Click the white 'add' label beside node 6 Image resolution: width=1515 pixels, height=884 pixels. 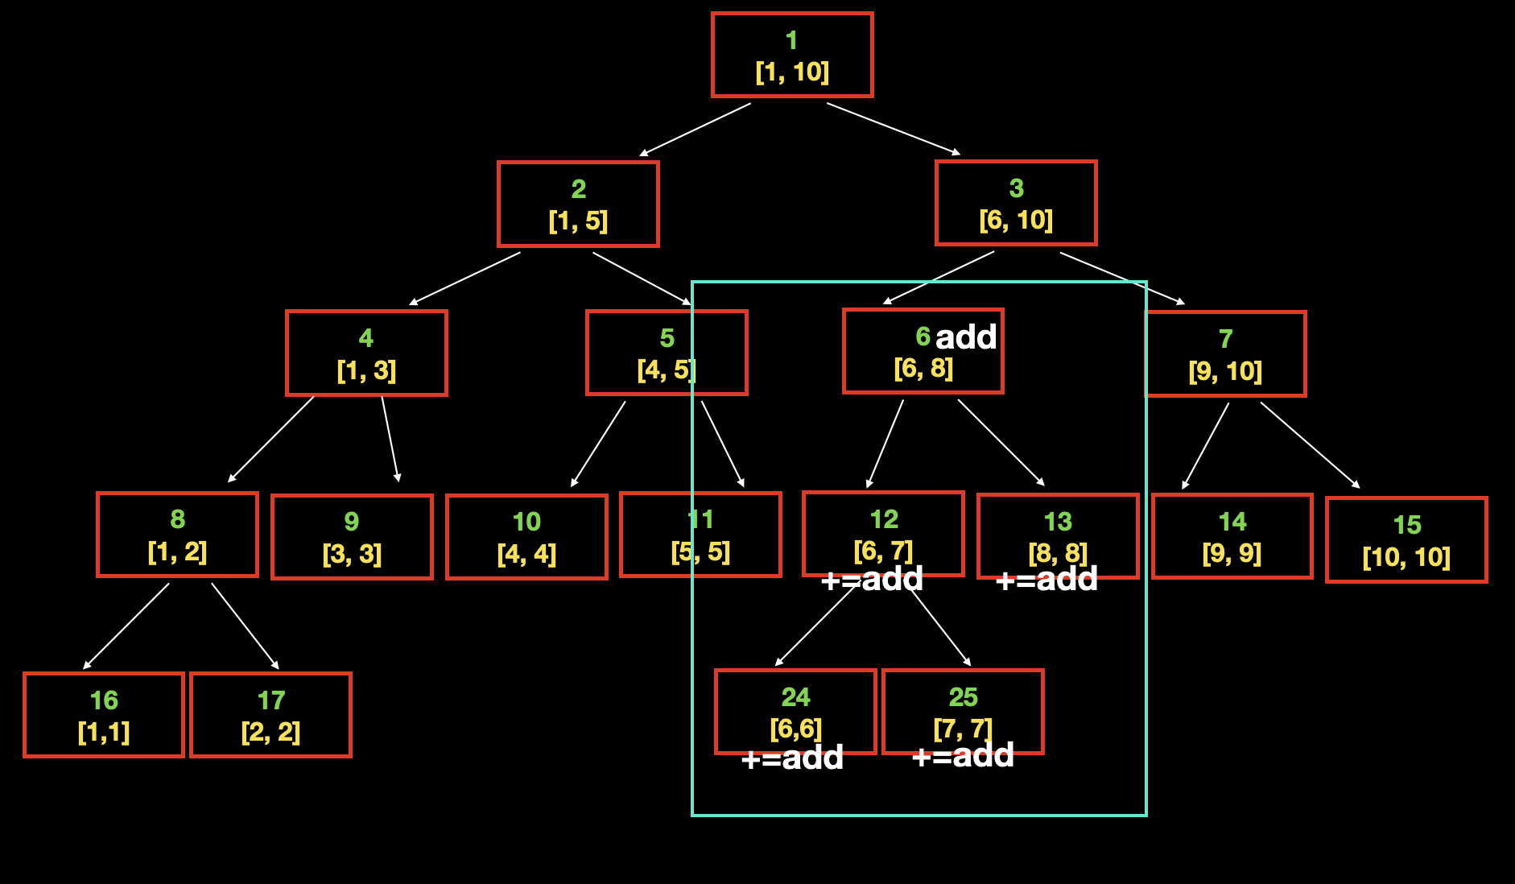[966, 337]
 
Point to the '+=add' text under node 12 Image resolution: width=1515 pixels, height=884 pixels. [872, 579]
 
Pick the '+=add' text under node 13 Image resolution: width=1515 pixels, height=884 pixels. [1046, 579]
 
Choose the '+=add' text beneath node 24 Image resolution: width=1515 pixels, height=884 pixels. [792, 758]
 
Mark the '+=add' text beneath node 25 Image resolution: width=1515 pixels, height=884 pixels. [963, 755]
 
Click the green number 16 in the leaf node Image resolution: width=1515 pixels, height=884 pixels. [104, 700]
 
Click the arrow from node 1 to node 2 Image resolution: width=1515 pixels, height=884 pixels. [695, 129]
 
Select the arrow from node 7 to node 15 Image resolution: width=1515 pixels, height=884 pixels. [1310, 445]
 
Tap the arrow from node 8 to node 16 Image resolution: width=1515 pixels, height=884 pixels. [126, 626]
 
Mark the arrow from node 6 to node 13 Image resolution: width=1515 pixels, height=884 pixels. [1001, 443]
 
